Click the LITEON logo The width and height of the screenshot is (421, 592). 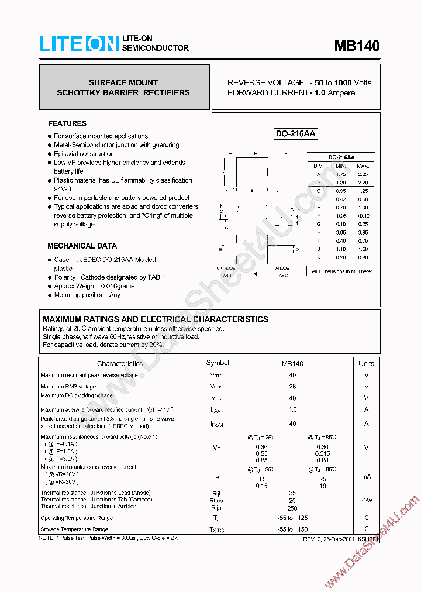[x=79, y=43]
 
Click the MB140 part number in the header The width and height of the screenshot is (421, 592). [x=357, y=46]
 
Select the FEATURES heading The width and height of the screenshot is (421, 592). [x=67, y=123]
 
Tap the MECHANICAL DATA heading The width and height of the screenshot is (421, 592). [x=82, y=246]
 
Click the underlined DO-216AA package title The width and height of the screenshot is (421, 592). [x=295, y=134]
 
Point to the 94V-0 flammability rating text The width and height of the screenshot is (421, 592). [x=63, y=189]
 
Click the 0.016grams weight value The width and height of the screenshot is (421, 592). [x=116, y=286]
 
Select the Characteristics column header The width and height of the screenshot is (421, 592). [x=120, y=363]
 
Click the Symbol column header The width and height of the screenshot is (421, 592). [x=218, y=363]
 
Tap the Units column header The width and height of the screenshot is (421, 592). [x=366, y=363]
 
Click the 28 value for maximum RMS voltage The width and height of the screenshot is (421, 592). [x=292, y=386]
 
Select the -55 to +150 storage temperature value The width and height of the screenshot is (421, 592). [x=292, y=529]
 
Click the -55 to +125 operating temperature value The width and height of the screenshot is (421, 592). [x=292, y=518]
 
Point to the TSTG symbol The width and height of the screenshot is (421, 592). [x=217, y=529]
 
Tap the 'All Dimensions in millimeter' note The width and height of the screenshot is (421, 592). [x=342, y=271]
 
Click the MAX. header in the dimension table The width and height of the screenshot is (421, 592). [x=363, y=166]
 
